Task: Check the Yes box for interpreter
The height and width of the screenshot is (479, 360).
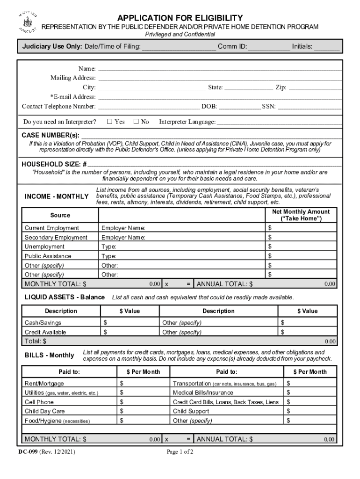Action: click(109, 122)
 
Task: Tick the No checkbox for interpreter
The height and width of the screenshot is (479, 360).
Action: click(136, 122)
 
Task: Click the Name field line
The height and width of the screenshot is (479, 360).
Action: click(220, 69)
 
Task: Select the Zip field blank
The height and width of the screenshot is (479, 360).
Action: click(315, 87)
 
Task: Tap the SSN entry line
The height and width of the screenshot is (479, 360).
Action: click(310, 107)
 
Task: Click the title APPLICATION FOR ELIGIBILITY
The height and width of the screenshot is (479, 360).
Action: click(180, 18)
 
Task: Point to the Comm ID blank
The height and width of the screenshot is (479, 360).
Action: click(268, 46)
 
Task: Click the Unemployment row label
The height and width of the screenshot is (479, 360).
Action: click(45, 247)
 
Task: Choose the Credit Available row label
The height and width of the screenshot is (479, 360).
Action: click(45, 332)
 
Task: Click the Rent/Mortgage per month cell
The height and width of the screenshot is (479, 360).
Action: click(143, 384)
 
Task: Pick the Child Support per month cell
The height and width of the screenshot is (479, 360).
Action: click(310, 411)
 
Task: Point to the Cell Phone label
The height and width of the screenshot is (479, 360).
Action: click(39, 402)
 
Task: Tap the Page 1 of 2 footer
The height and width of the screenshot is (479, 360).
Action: click(180, 452)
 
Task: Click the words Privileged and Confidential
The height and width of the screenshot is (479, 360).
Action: click(180, 35)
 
